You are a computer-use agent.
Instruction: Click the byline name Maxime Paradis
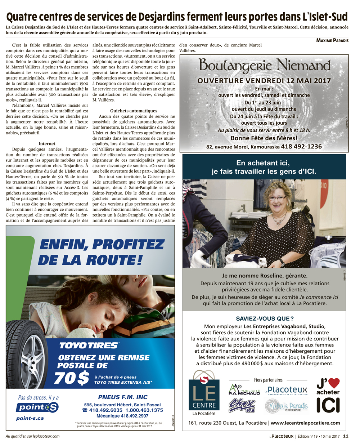coord(332,40)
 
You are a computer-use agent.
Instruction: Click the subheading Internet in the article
coord(47,143)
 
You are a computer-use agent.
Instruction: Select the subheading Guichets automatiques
coord(134,111)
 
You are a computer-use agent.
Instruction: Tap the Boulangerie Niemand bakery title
coord(265,65)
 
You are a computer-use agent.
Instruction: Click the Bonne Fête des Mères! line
coord(264,138)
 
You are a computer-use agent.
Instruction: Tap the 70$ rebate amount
coord(72,378)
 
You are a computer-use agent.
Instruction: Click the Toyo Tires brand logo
coord(89,345)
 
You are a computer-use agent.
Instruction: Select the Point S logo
coord(37,407)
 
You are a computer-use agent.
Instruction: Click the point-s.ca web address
coord(30,418)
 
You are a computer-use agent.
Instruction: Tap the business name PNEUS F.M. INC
coord(123,397)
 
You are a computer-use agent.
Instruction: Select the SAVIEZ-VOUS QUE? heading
coord(265,318)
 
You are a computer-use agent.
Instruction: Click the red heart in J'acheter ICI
coord(334,383)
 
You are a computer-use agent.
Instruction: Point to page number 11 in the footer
coord(346,436)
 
